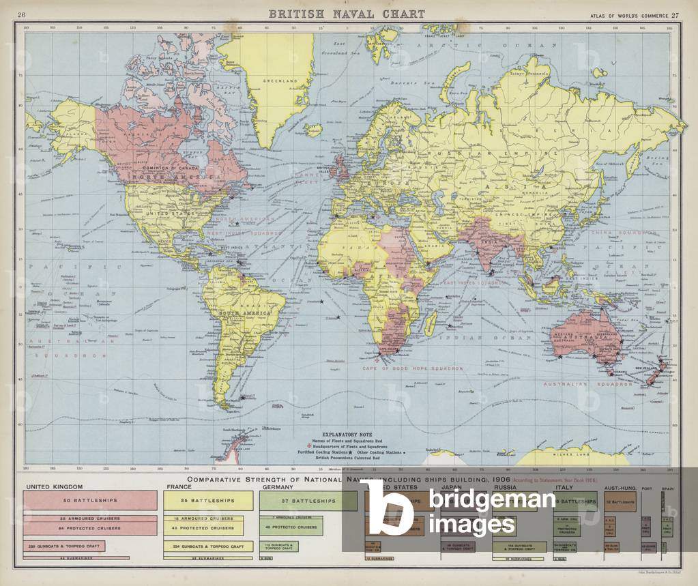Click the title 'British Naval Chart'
(x=346, y=14)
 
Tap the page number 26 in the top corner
(x=22, y=15)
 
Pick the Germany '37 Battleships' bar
(x=308, y=501)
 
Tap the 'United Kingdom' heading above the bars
(x=54, y=486)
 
